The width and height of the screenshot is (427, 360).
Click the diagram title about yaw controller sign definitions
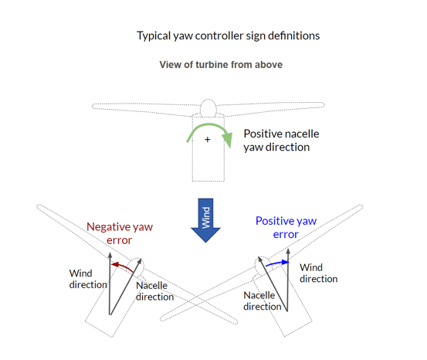point(229,36)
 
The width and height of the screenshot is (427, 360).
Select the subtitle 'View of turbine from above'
point(221,65)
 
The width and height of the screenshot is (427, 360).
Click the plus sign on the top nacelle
point(208,140)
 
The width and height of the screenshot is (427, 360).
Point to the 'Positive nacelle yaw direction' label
point(281,141)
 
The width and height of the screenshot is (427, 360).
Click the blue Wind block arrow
point(205,220)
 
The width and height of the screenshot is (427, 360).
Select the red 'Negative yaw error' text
point(120,233)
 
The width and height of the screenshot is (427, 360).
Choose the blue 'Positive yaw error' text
point(286,227)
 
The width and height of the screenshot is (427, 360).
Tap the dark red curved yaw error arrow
point(122,266)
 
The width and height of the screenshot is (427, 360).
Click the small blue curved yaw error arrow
point(277,263)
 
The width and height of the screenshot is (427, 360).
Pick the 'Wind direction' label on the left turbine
point(88,279)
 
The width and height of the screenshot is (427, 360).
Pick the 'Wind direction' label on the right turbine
point(319,273)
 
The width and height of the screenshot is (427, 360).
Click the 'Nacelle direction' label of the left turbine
point(154,291)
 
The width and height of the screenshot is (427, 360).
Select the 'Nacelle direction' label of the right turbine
point(263,301)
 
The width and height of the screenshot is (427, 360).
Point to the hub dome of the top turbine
point(208,108)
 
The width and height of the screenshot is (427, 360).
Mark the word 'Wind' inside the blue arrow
point(206,218)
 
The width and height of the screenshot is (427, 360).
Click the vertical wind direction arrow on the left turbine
point(110,284)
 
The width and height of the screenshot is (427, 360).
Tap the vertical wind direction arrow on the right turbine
point(288,280)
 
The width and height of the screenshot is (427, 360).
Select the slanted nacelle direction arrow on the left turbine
point(126,287)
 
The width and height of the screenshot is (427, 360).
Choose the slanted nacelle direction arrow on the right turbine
point(273,284)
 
